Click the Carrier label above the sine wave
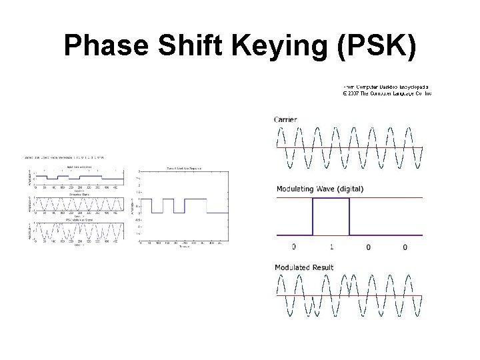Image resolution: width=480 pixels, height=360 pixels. pos(285,119)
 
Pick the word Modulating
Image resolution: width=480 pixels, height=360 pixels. pos(299,189)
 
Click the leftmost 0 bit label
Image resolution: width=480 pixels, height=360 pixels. pos(294,247)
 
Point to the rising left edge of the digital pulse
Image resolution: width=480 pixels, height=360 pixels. pos(313,217)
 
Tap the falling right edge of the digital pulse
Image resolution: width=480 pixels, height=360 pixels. pos(349,217)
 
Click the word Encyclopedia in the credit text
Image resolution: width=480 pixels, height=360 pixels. pos(413,87)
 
